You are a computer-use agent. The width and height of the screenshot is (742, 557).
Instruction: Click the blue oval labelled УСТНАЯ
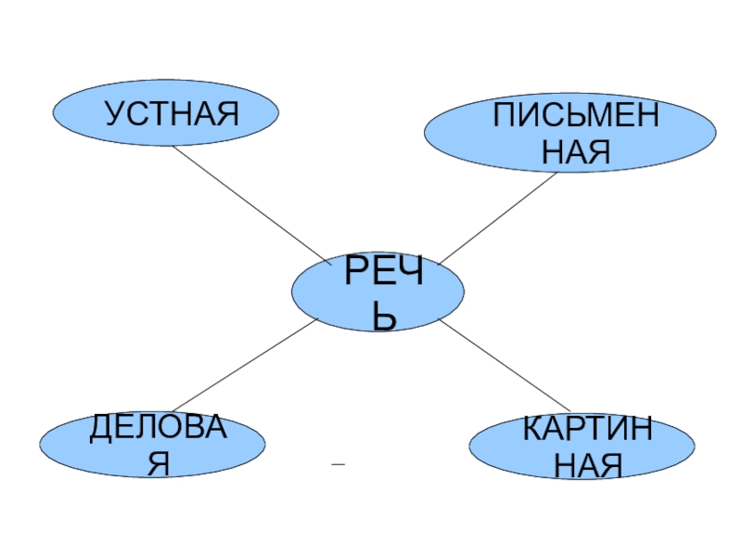(165, 114)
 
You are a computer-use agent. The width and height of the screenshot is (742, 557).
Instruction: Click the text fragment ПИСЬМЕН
(575, 118)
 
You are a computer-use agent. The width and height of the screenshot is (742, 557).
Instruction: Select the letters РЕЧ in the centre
(385, 275)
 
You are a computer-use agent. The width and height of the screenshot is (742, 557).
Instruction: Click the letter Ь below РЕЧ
(385, 318)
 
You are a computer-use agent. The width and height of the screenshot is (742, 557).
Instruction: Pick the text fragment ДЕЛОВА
(158, 429)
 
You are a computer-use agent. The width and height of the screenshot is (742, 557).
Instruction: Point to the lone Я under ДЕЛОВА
(159, 462)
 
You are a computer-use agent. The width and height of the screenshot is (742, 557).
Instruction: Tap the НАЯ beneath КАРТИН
(587, 463)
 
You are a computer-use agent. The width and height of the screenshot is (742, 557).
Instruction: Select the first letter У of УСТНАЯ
(114, 114)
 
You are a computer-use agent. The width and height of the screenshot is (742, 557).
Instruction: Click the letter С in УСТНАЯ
(135, 114)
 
